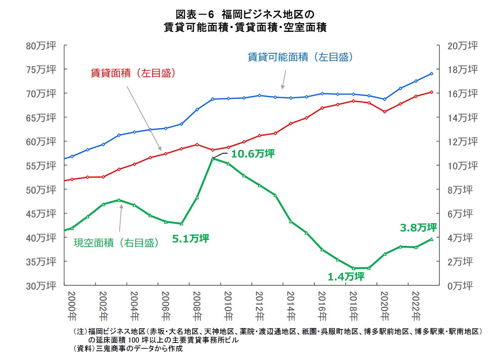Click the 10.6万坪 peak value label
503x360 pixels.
(253, 154)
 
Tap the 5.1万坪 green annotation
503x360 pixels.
(191, 238)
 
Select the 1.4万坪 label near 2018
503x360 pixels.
(346, 276)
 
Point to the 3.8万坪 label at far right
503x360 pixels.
(418, 227)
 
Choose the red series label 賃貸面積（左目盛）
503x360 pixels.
(133, 73)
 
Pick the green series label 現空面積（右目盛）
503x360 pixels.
(116, 243)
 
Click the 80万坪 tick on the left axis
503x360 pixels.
(41, 46)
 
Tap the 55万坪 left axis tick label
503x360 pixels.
(41, 166)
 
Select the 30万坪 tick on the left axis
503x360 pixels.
(41, 286)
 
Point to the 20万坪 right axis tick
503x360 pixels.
(462, 46)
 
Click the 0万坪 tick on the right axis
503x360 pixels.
(460, 286)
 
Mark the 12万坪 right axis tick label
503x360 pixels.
(462, 142)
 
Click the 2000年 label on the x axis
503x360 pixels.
(72, 306)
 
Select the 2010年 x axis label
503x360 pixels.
(228, 306)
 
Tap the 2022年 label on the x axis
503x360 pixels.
(415, 306)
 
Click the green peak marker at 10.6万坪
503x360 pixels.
(212, 158)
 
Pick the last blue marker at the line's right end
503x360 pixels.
(431, 74)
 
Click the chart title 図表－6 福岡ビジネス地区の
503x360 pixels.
(245, 15)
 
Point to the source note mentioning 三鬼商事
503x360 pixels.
(128, 349)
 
